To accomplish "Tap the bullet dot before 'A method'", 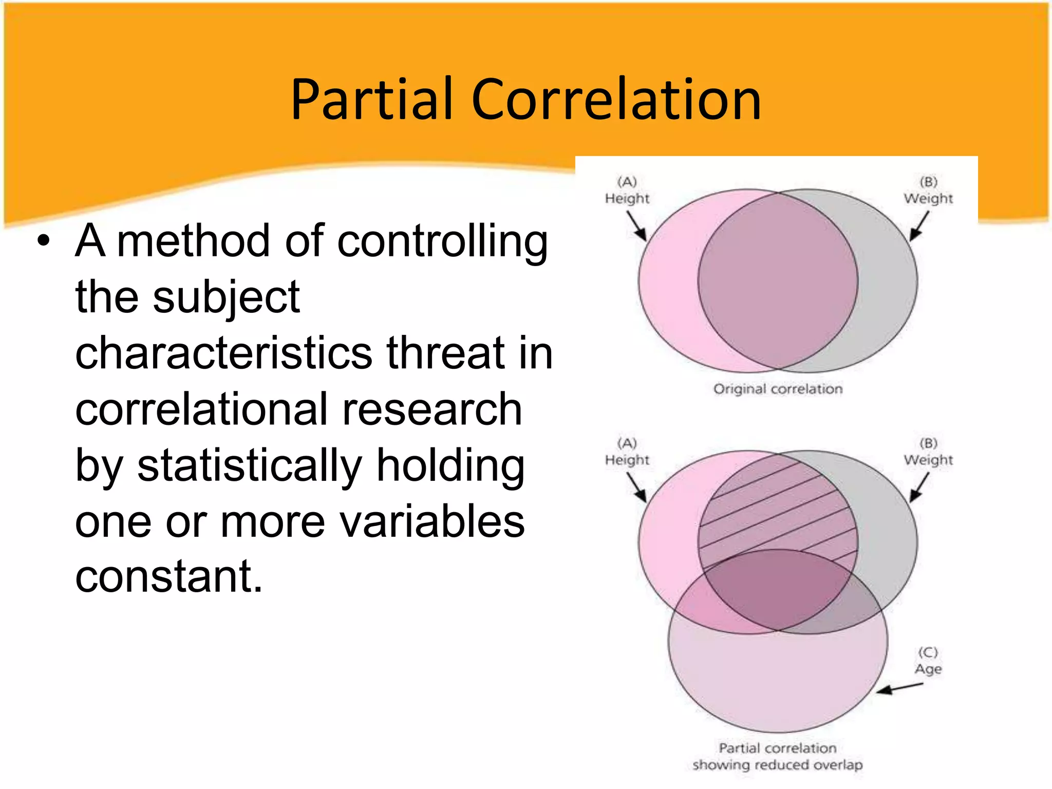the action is click(x=44, y=241).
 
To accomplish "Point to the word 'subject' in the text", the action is click(x=226, y=299).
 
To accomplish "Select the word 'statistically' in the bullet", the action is click(x=250, y=466).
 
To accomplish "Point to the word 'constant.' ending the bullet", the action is click(x=169, y=577).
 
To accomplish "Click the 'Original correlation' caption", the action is click(x=778, y=389).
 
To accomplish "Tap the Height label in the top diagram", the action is click(x=627, y=198).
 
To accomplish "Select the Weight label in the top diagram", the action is click(x=928, y=198).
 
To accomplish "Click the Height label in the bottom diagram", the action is click(x=627, y=460).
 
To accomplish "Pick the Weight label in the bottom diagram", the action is click(x=928, y=460).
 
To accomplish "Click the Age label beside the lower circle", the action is click(x=928, y=669).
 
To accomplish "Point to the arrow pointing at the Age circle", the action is click(x=899, y=688).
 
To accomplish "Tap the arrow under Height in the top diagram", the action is click(x=636, y=226).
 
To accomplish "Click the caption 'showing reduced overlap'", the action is click(x=777, y=765).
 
